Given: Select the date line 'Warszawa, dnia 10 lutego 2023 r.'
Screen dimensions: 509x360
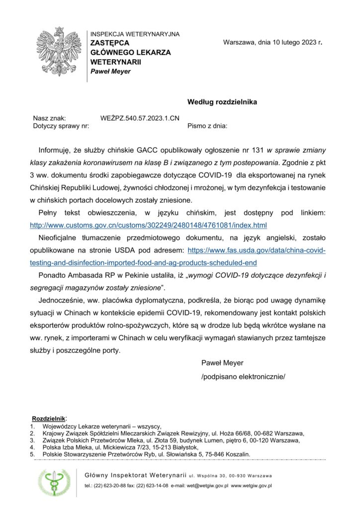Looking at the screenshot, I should coord(273,43).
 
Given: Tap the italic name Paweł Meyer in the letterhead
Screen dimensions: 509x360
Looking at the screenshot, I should coord(110,71).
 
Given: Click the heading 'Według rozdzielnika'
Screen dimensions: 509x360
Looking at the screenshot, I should coord(222,102).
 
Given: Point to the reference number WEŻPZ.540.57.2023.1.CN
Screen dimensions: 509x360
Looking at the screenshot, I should coord(140,118).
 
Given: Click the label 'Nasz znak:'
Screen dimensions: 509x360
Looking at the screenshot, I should coord(49,118).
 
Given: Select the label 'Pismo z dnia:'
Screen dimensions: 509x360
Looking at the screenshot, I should coord(207,126).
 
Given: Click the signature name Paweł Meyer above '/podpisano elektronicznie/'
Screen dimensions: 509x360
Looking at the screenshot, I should coord(222,363).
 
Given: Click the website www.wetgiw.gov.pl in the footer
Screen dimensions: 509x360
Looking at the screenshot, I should coord(251,486).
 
